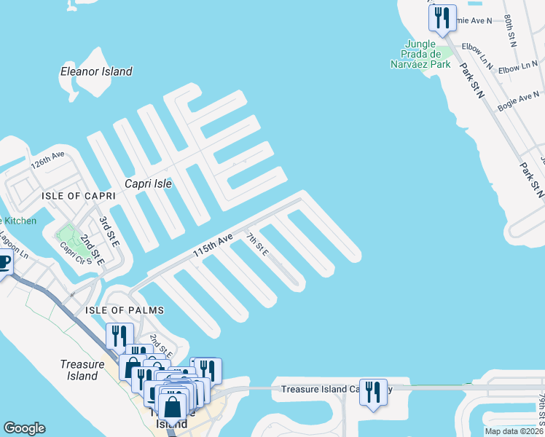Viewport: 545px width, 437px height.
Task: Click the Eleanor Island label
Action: pyautogui.click(x=96, y=71)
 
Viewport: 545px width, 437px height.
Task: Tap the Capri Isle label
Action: pyautogui.click(x=148, y=184)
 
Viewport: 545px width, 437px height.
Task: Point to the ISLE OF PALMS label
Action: pyautogui.click(x=125, y=310)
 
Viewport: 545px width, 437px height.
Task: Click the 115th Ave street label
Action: pyautogui.click(x=212, y=244)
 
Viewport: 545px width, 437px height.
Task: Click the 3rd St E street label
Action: pyautogui.click(x=109, y=228)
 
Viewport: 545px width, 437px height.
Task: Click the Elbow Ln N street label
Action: pyautogui.click(x=518, y=68)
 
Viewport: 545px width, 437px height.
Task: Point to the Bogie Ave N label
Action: pyautogui.click(x=518, y=101)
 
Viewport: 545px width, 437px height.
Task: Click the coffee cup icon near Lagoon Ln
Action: pyautogui.click(x=3, y=262)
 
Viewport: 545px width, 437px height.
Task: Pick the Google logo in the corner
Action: pyautogui.click(x=24, y=428)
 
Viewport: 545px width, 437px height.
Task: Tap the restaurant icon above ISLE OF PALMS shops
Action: pyautogui.click(x=119, y=336)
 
